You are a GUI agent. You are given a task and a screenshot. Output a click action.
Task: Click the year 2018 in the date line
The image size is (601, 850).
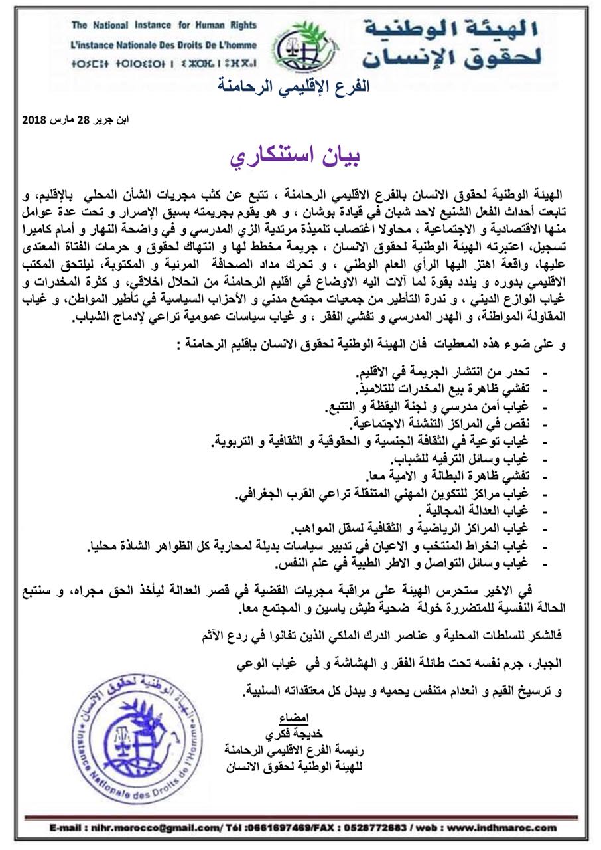34,120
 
